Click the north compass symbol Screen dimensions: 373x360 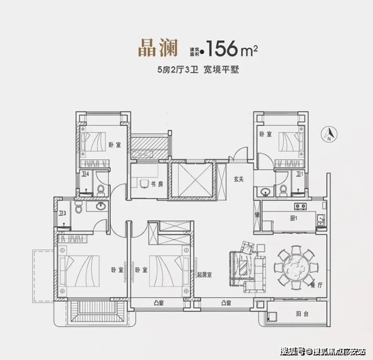point(329,134)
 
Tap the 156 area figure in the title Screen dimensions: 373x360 point(222,48)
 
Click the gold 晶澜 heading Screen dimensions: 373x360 point(158,48)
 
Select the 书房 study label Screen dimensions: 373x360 point(157,184)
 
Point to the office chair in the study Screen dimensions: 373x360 point(144,184)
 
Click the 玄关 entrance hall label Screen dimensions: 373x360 point(238,179)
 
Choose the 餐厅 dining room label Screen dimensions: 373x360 point(317,285)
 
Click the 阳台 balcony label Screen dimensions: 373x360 point(302,314)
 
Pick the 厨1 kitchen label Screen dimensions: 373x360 point(294,218)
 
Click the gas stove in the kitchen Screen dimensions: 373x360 point(300,206)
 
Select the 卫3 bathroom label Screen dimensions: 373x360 point(63,213)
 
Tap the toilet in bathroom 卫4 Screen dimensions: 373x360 point(101,190)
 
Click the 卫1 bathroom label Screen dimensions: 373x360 point(300,174)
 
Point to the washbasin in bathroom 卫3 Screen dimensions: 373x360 point(101,206)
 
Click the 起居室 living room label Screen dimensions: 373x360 point(204,275)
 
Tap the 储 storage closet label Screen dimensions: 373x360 point(257,215)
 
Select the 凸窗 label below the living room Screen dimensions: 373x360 point(226,303)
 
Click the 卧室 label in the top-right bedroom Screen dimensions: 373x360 point(266,134)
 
